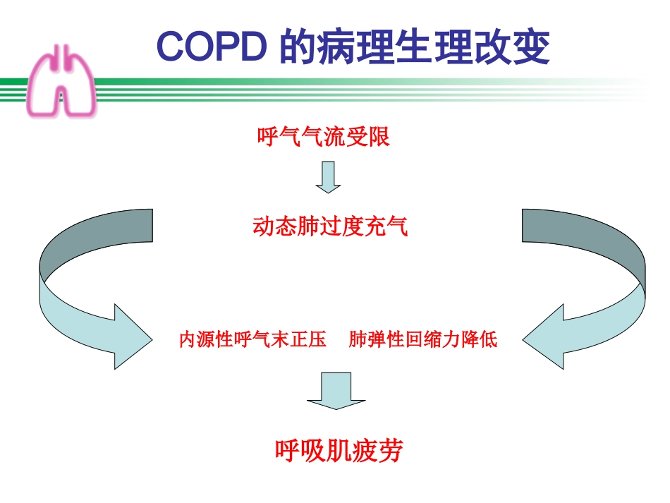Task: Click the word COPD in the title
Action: [212, 46]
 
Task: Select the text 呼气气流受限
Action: [324, 137]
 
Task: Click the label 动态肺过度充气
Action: [330, 226]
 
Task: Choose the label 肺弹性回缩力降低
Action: [422, 340]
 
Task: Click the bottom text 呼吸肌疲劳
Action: [339, 450]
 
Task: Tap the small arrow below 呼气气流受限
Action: [328, 177]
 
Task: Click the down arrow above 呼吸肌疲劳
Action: [336, 390]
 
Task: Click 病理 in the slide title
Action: [346, 47]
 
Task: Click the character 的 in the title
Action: [296, 47]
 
